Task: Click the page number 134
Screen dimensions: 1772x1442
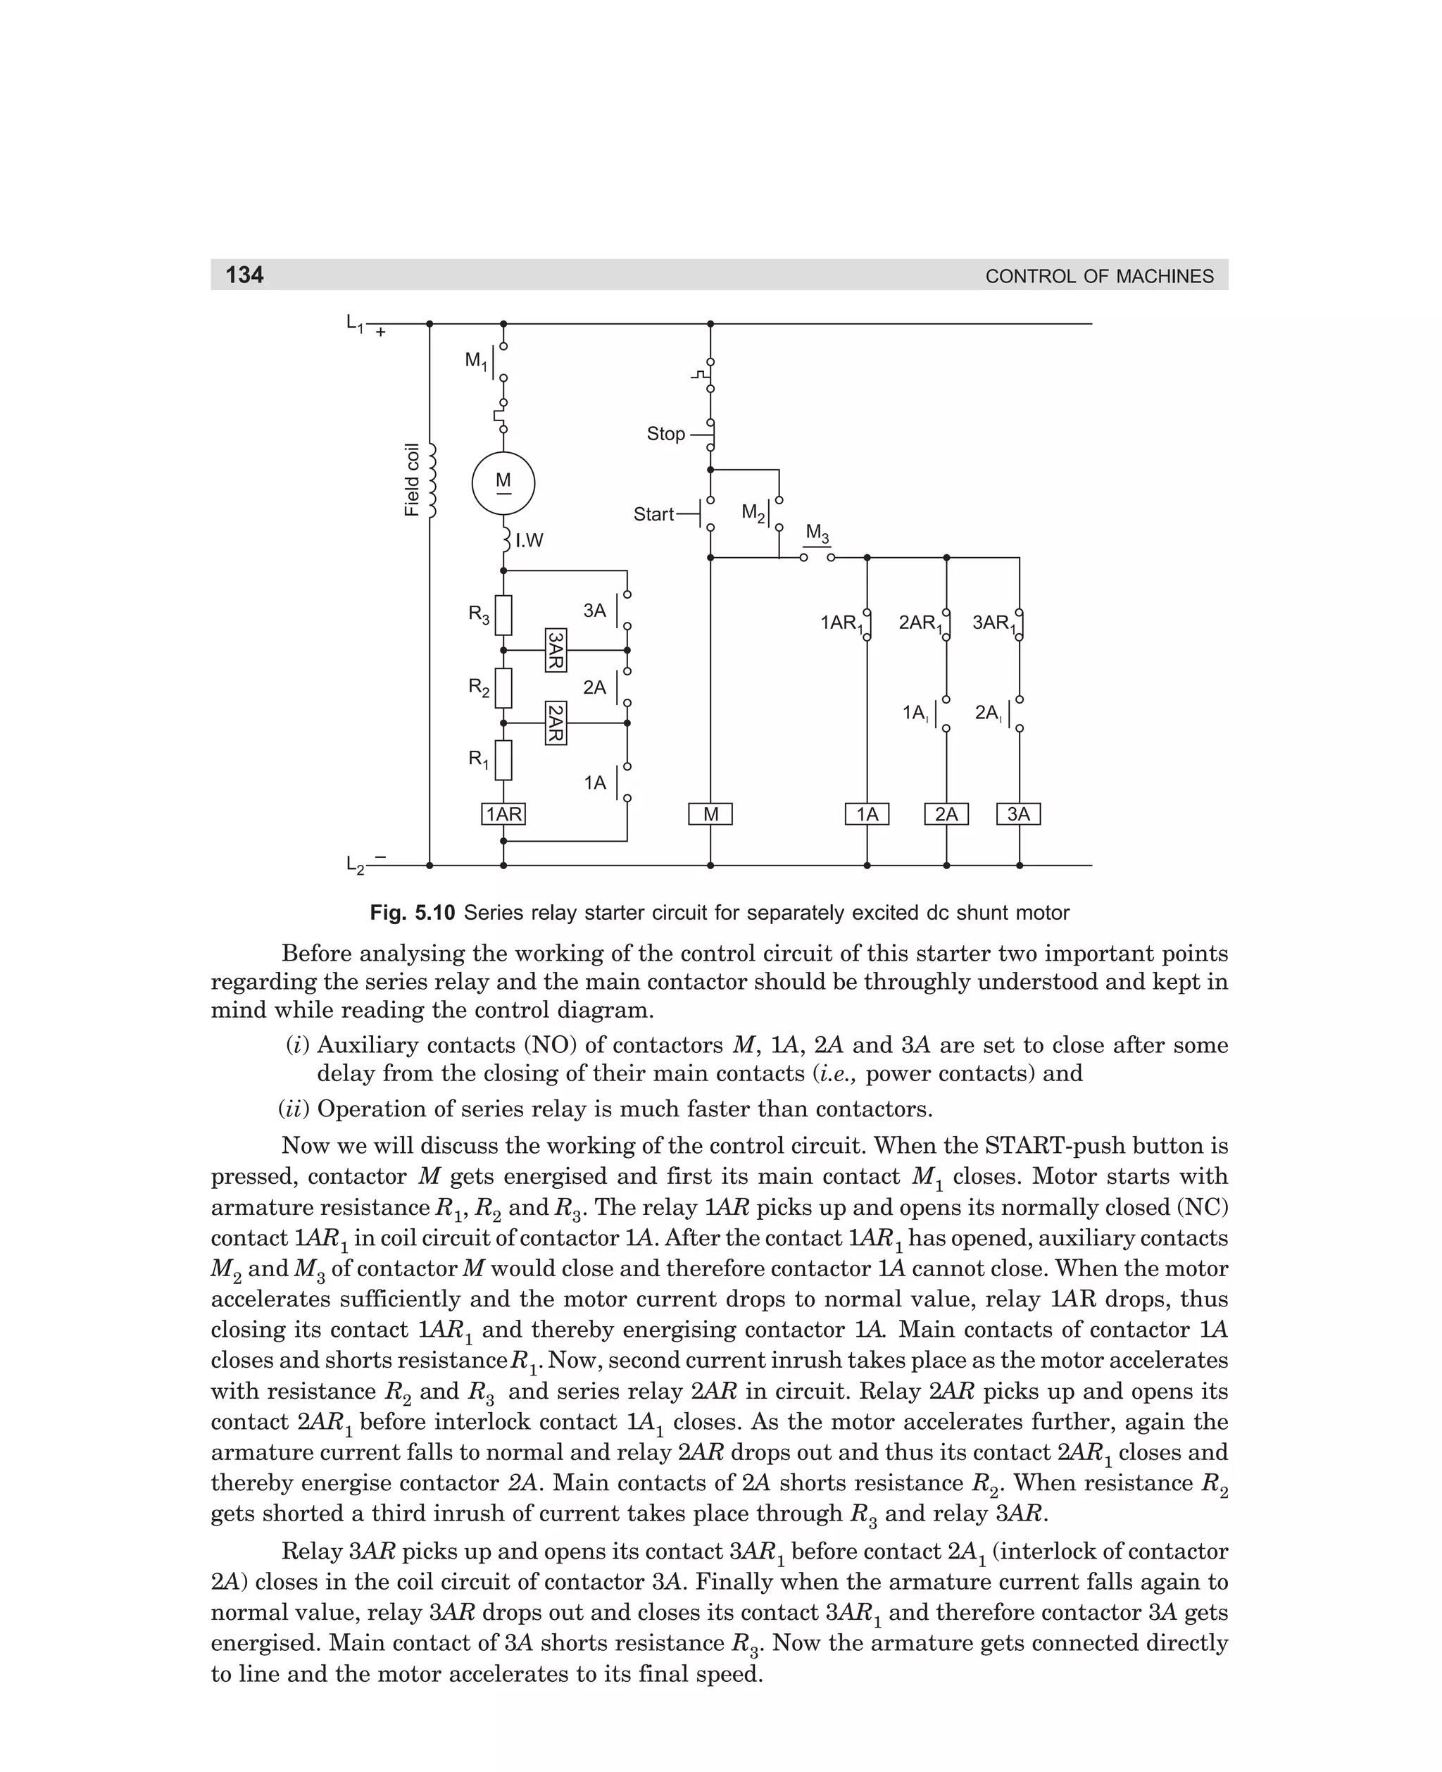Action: click(x=245, y=275)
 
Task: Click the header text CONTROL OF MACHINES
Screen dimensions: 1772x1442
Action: click(x=1099, y=277)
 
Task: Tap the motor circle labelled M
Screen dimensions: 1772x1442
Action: click(x=503, y=484)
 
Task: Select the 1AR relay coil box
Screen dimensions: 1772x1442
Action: click(x=503, y=814)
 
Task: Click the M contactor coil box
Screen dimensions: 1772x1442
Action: click(x=710, y=814)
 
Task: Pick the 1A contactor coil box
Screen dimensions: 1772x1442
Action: click(x=867, y=814)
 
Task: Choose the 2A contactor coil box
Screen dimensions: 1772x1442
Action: click(x=946, y=814)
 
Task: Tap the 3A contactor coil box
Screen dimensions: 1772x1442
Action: click(x=1018, y=814)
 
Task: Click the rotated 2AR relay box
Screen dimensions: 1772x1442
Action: click(x=556, y=723)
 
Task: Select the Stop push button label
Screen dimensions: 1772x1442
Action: click(x=665, y=434)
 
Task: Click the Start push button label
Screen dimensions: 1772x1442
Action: click(x=653, y=514)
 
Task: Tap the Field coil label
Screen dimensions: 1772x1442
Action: click(x=412, y=480)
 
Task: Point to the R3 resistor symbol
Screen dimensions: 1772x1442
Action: click(x=503, y=616)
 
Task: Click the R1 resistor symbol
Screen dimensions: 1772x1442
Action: click(x=503, y=760)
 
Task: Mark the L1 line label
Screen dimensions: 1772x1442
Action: click(x=356, y=323)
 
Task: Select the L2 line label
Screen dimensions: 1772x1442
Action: click(x=356, y=866)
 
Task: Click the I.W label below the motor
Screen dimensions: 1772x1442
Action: click(x=529, y=541)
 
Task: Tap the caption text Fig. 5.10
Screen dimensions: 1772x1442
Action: click(x=412, y=913)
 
